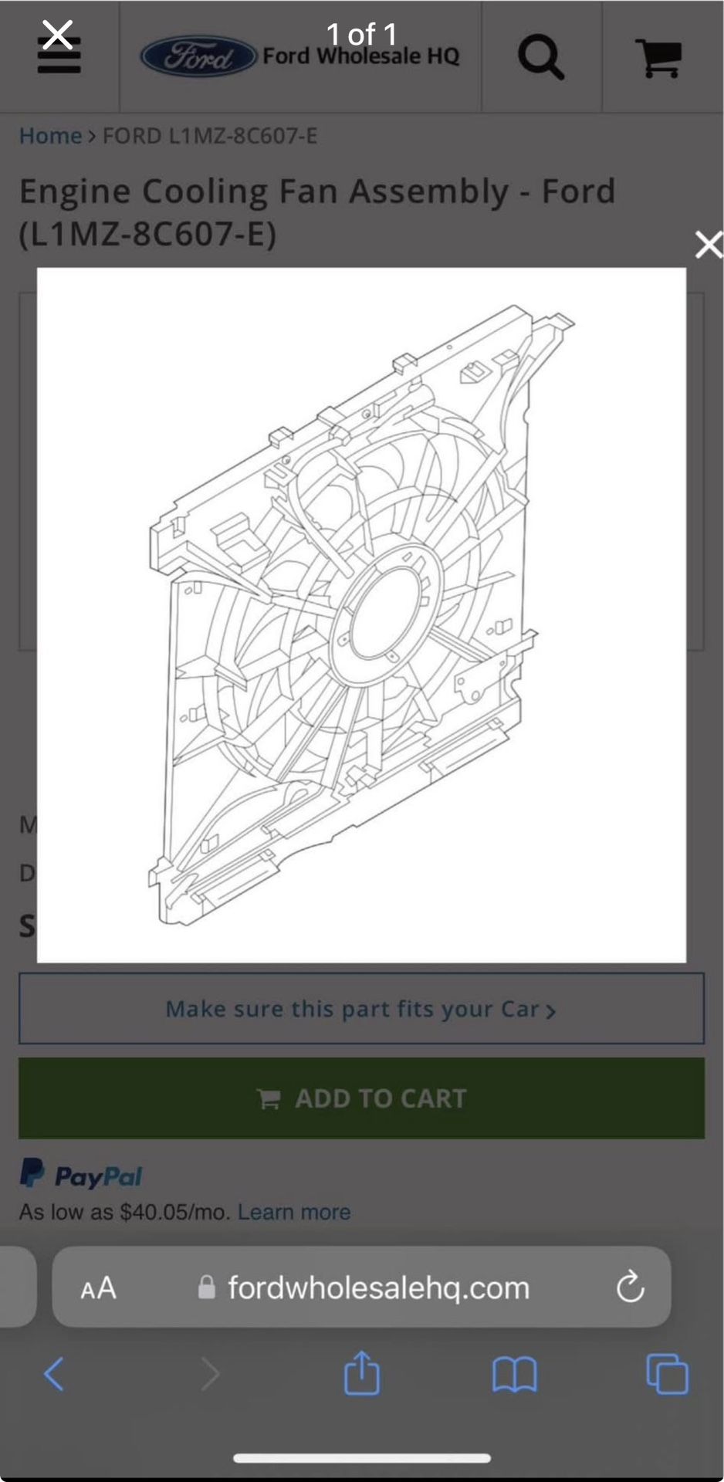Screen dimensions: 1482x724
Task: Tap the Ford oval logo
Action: point(198,56)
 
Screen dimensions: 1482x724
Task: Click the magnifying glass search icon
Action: point(540,57)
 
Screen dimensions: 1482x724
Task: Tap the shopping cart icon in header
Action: point(658,58)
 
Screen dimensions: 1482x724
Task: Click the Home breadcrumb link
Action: point(50,136)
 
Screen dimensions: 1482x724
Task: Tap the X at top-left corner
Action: point(57,35)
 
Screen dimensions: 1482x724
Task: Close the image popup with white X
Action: point(708,245)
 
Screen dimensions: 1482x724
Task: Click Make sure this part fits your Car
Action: point(360,1009)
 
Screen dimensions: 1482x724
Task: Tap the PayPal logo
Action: point(81,1174)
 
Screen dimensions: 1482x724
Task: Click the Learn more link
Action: point(293,1212)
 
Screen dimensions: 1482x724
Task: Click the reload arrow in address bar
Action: point(630,1287)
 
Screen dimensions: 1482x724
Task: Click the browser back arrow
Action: point(54,1374)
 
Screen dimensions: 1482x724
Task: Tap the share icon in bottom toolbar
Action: point(361,1373)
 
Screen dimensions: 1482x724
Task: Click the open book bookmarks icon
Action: point(514,1375)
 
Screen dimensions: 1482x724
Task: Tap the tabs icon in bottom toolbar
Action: point(667,1374)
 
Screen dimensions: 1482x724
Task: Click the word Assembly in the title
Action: point(428,191)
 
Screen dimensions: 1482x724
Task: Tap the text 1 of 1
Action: point(361,34)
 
